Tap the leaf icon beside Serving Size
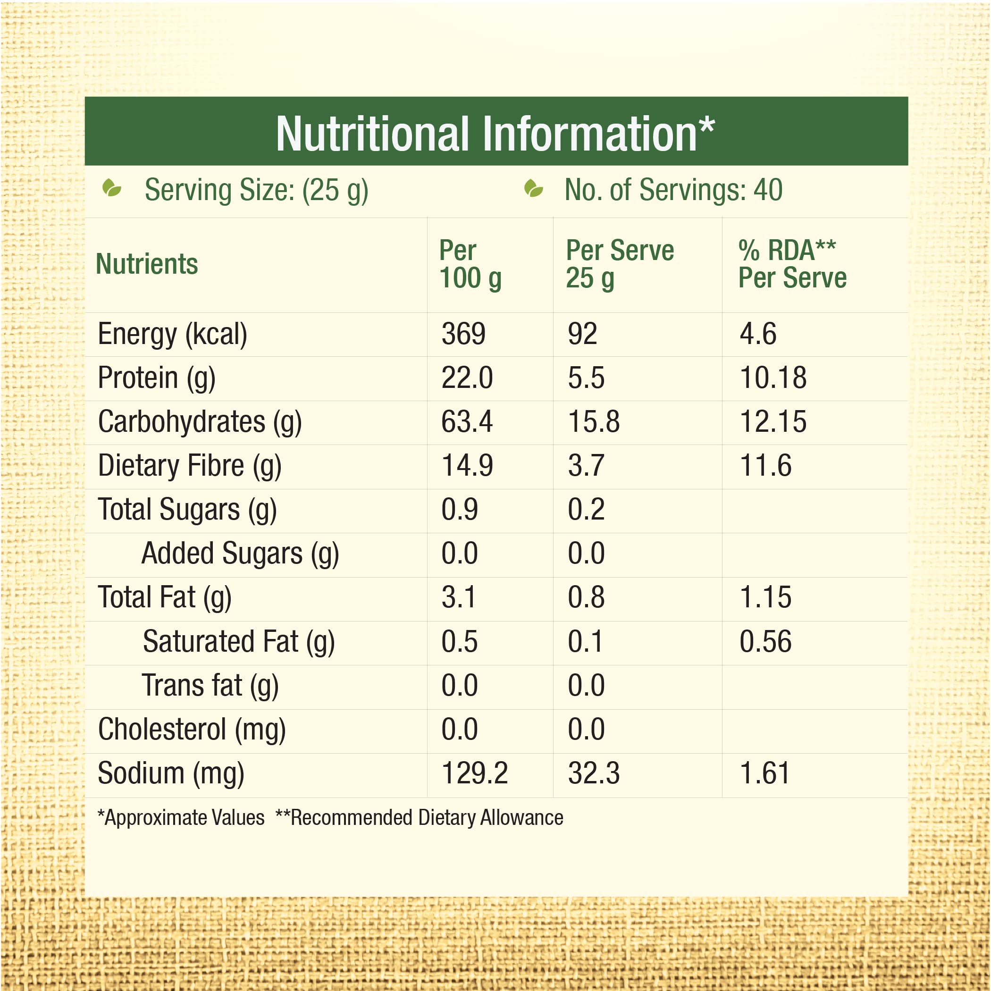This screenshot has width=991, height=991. [111, 188]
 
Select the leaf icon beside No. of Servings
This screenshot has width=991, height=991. [533, 188]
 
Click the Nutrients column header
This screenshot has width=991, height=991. [147, 264]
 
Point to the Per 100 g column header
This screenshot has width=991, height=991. [470, 264]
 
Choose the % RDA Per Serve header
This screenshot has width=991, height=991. [792, 264]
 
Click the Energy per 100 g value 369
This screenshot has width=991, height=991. [463, 334]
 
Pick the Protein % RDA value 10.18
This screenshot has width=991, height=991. [773, 378]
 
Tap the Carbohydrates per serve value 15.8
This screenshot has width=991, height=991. [594, 421]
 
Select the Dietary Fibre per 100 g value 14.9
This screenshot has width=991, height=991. [467, 466]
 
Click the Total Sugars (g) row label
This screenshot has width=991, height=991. [187, 510]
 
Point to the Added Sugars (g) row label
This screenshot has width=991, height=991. [240, 554]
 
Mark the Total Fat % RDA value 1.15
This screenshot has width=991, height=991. [765, 597]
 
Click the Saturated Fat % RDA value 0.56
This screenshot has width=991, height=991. [765, 642]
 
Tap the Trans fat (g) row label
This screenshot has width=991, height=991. [210, 686]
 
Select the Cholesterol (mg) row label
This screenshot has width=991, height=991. [192, 730]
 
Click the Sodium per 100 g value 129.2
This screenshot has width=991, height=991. [474, 773]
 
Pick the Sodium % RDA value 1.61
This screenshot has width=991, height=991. [764, 773]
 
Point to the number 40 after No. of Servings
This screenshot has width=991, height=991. [768, 190]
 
